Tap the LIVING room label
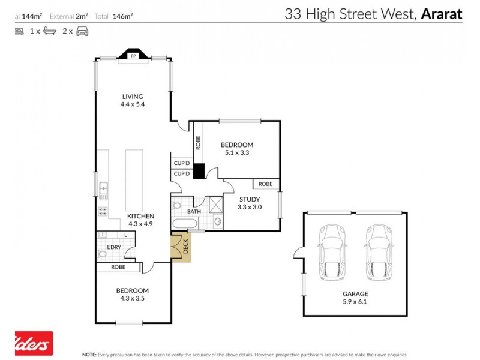(x=133, y=97)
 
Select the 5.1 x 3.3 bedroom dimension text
(x=236, y=152)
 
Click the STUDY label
(x=249, y=199)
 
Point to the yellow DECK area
(x=180, y=247)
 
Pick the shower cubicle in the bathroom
(x=214, y=205)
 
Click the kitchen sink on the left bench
(x=103, y=191)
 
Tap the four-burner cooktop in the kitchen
(x=103, y=211)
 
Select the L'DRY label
(x=114, y=247)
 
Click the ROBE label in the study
(x=266, y=184)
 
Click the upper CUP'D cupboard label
(x=181, y=163)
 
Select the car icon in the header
(x=82, y=31)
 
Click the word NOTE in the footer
(x=89, y=355)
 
